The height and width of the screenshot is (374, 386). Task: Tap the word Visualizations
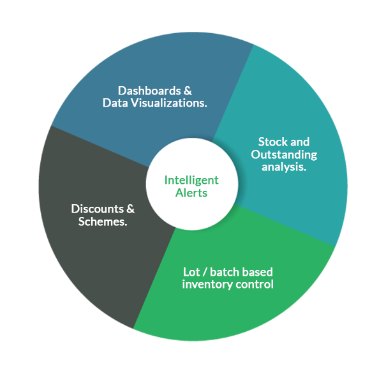click(x=170, y=103)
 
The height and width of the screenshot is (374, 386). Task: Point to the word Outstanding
click(x=283, y=154)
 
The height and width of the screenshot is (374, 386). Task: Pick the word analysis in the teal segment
click(x=283, y=167)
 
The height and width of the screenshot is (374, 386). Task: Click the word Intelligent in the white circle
click(x=191, y=180)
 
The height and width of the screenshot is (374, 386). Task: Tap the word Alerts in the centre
click(x=191, y=192)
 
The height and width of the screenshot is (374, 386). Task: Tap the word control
click(x=254, y=284)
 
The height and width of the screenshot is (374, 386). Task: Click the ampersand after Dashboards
click(x=188, y=91)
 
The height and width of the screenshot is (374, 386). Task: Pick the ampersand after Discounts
click(x=130, y=209)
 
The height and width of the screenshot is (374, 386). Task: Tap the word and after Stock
click(x=300, y=142)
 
